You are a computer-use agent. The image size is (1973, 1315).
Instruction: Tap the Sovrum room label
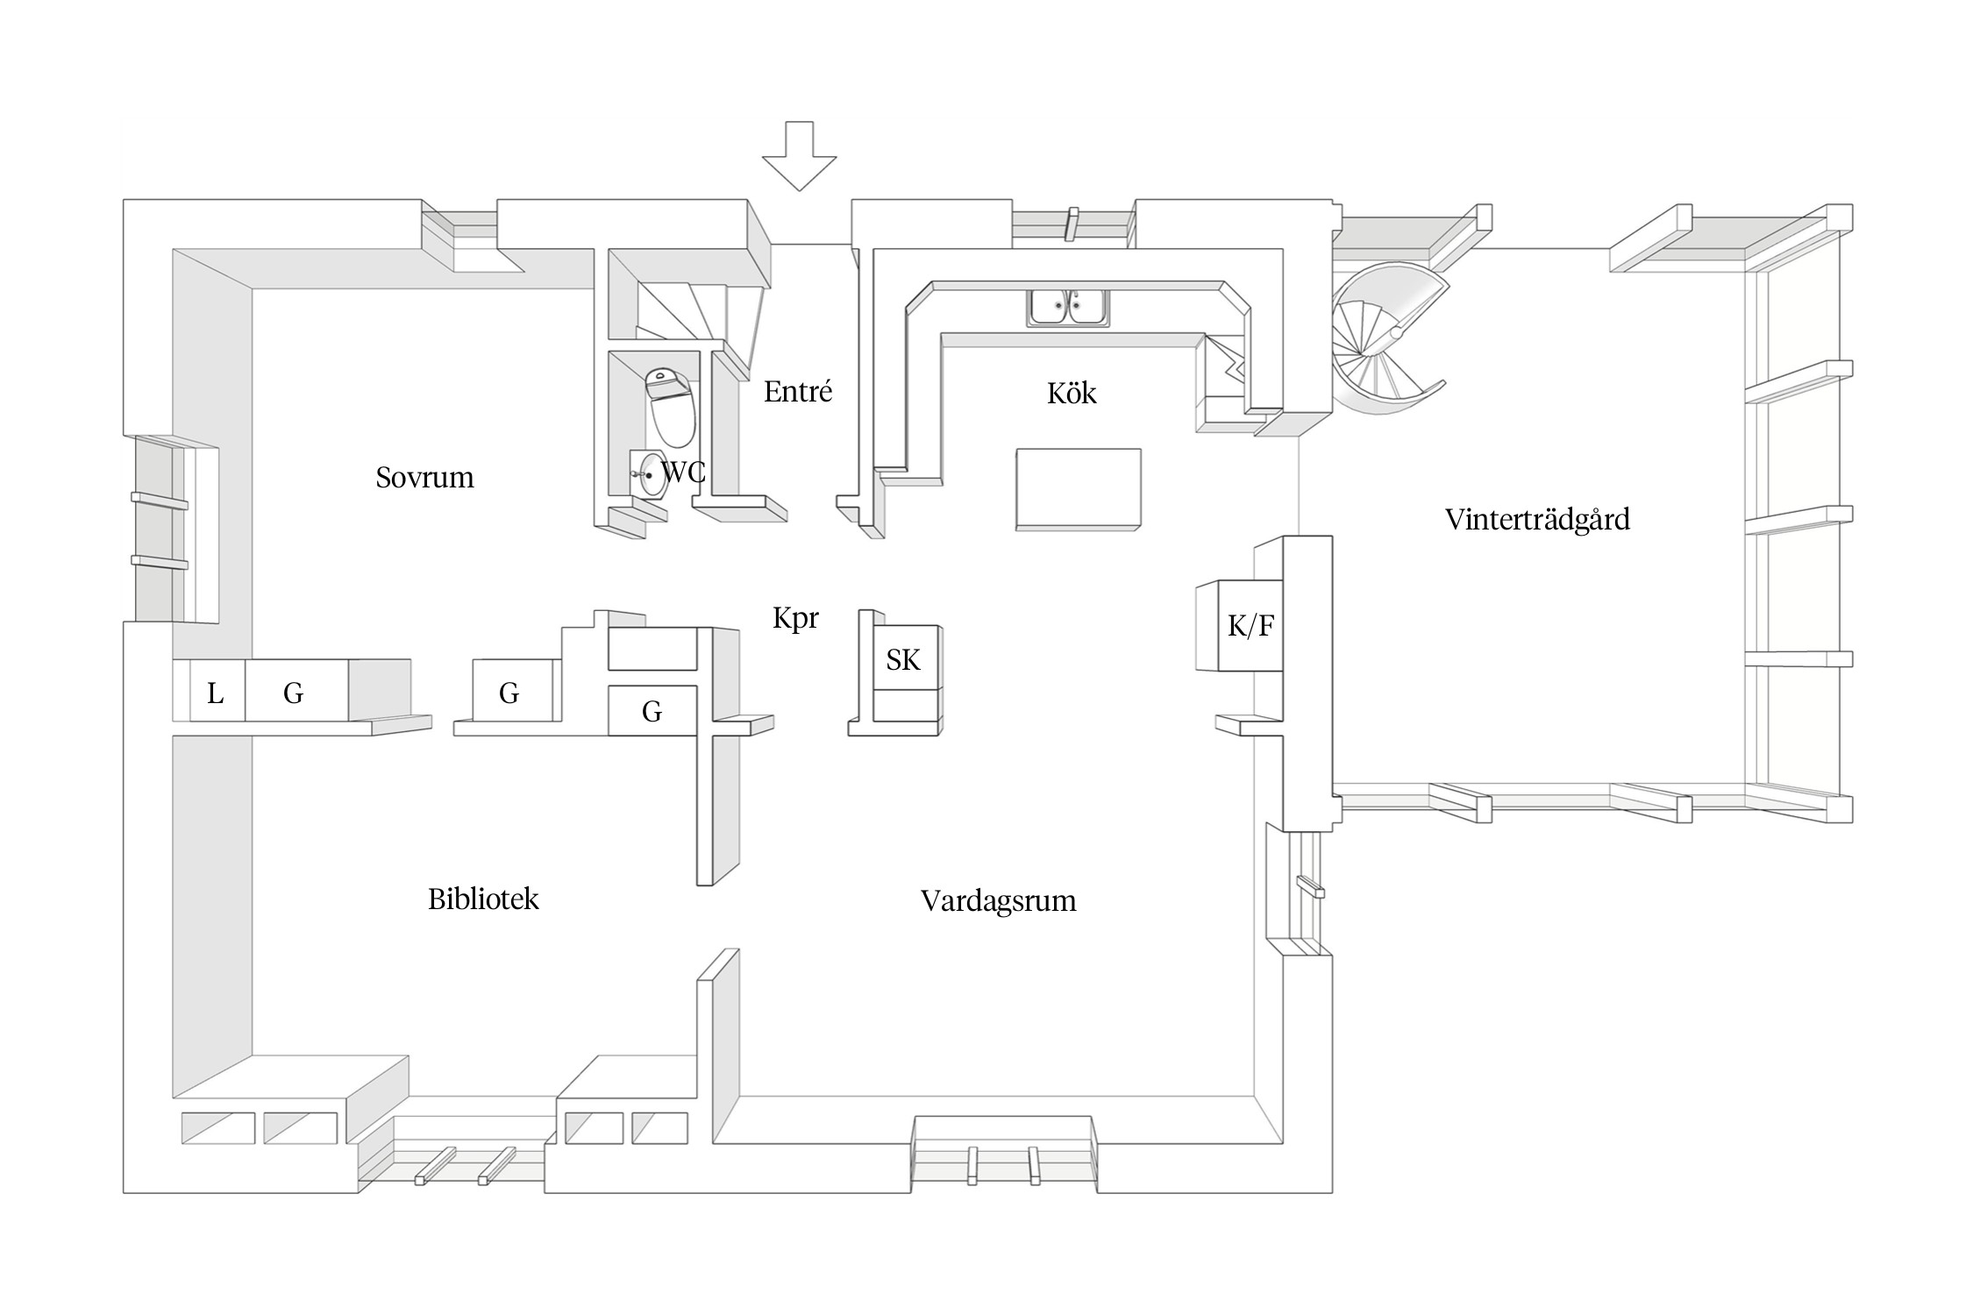tap(424, 478)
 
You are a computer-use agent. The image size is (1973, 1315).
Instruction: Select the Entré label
tap(797, 392)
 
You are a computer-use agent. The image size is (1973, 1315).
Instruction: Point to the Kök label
tap(1071, 394)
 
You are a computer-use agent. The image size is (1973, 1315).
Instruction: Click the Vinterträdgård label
tap(1536, 520)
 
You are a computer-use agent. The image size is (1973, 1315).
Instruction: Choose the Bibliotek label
tap(483, 899)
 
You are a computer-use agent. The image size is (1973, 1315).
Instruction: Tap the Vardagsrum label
tap(998, 901)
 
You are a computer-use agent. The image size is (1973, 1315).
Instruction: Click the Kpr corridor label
tap(795, 618)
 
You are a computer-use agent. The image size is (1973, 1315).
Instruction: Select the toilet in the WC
tap(671, 409)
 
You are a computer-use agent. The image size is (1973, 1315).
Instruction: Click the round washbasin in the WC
tap(649, 474)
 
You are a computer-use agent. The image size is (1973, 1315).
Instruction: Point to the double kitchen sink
tap(1067, 308)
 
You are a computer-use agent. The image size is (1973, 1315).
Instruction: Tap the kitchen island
tap(1078, 488)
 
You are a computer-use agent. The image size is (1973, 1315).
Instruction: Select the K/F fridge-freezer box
tap(1250, 626)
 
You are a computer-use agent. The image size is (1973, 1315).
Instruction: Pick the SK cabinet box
tap(903, 660)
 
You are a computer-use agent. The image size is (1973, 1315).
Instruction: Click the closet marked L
tap(216, 694)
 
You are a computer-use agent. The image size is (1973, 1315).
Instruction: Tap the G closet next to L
tap(294, 694)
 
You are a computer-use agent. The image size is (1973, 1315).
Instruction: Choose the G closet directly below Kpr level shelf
tap(652, 711)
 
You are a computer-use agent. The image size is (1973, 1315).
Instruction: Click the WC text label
tap(683, 473)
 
